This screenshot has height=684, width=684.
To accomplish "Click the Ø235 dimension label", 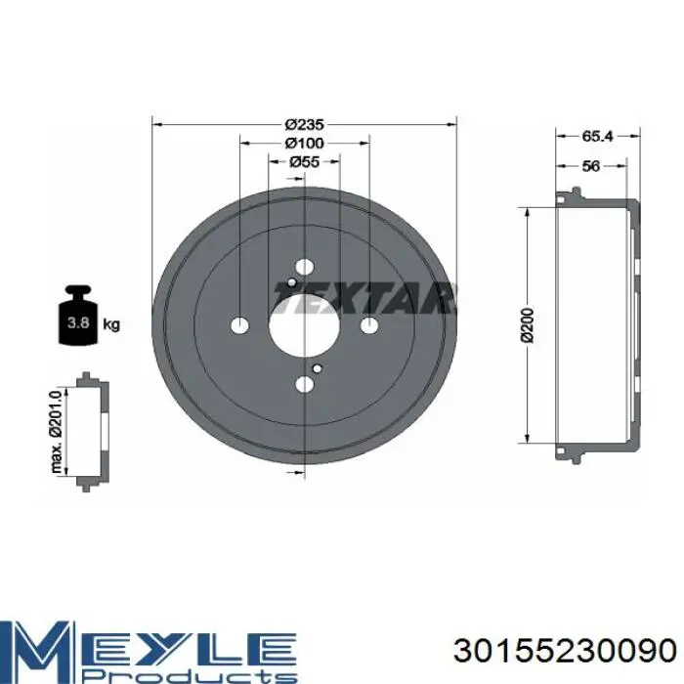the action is click(305, 125).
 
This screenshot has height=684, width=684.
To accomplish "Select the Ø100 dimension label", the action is click(305, 143).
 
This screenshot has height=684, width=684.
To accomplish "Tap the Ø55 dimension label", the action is click(305, 162).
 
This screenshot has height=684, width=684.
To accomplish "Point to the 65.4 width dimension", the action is click(597, 136).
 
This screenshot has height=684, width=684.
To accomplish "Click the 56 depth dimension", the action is click(591, 166).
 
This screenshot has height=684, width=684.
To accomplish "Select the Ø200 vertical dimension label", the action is click(528, 325).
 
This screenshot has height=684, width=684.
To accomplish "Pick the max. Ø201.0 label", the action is click(57, 432).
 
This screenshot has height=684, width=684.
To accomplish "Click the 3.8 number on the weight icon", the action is click(78, 322).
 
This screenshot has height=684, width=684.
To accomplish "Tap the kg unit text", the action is click(111, 324).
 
